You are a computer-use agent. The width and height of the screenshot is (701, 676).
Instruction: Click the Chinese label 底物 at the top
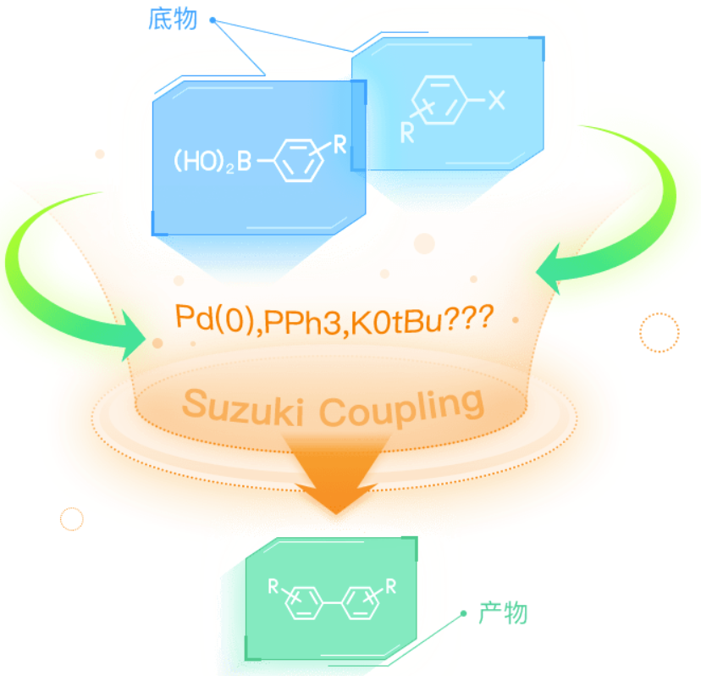pyautogui.click(x=173, y=19)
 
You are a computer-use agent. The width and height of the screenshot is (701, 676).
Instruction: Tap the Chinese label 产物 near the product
pyautogui.click(x=503, y=612)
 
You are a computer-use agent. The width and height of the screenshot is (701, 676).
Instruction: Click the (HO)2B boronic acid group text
pyautogui.click(x=213, y=161)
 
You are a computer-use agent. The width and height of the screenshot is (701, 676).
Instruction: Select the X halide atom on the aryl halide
pyautogui.click(x=496, y=100)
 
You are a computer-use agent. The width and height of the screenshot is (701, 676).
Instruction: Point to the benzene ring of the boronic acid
pyautogui.click(x=298, y=161)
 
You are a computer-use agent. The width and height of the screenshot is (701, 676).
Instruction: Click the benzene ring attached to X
pyautogui.click(x=439, y=100)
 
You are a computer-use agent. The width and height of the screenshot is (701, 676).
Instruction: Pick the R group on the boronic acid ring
pyautogui.click(x=339, y=145)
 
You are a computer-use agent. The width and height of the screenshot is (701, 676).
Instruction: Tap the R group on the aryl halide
pyautogui.click(x=407, y=133)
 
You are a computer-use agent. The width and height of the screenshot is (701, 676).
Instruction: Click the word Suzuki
pyautogui.click(x=244, y=408)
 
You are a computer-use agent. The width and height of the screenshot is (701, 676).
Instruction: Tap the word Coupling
pyautogui.click(x=401, y=407)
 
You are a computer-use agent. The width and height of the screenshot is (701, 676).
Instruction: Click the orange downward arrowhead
pyautogui.click(x=336, y=491)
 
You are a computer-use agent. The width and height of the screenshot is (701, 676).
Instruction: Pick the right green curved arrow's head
pyautogui.click(x=551, y=269)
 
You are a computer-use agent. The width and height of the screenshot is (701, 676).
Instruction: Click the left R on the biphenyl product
pyautogui.click(x=273, y=586)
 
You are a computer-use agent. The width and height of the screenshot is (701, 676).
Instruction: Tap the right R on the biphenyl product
pyautogui.click(x=391, y=585)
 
